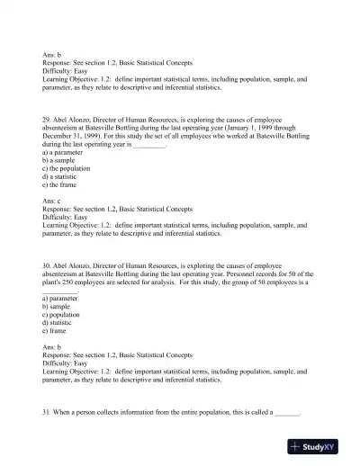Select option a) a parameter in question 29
point(63,154)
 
